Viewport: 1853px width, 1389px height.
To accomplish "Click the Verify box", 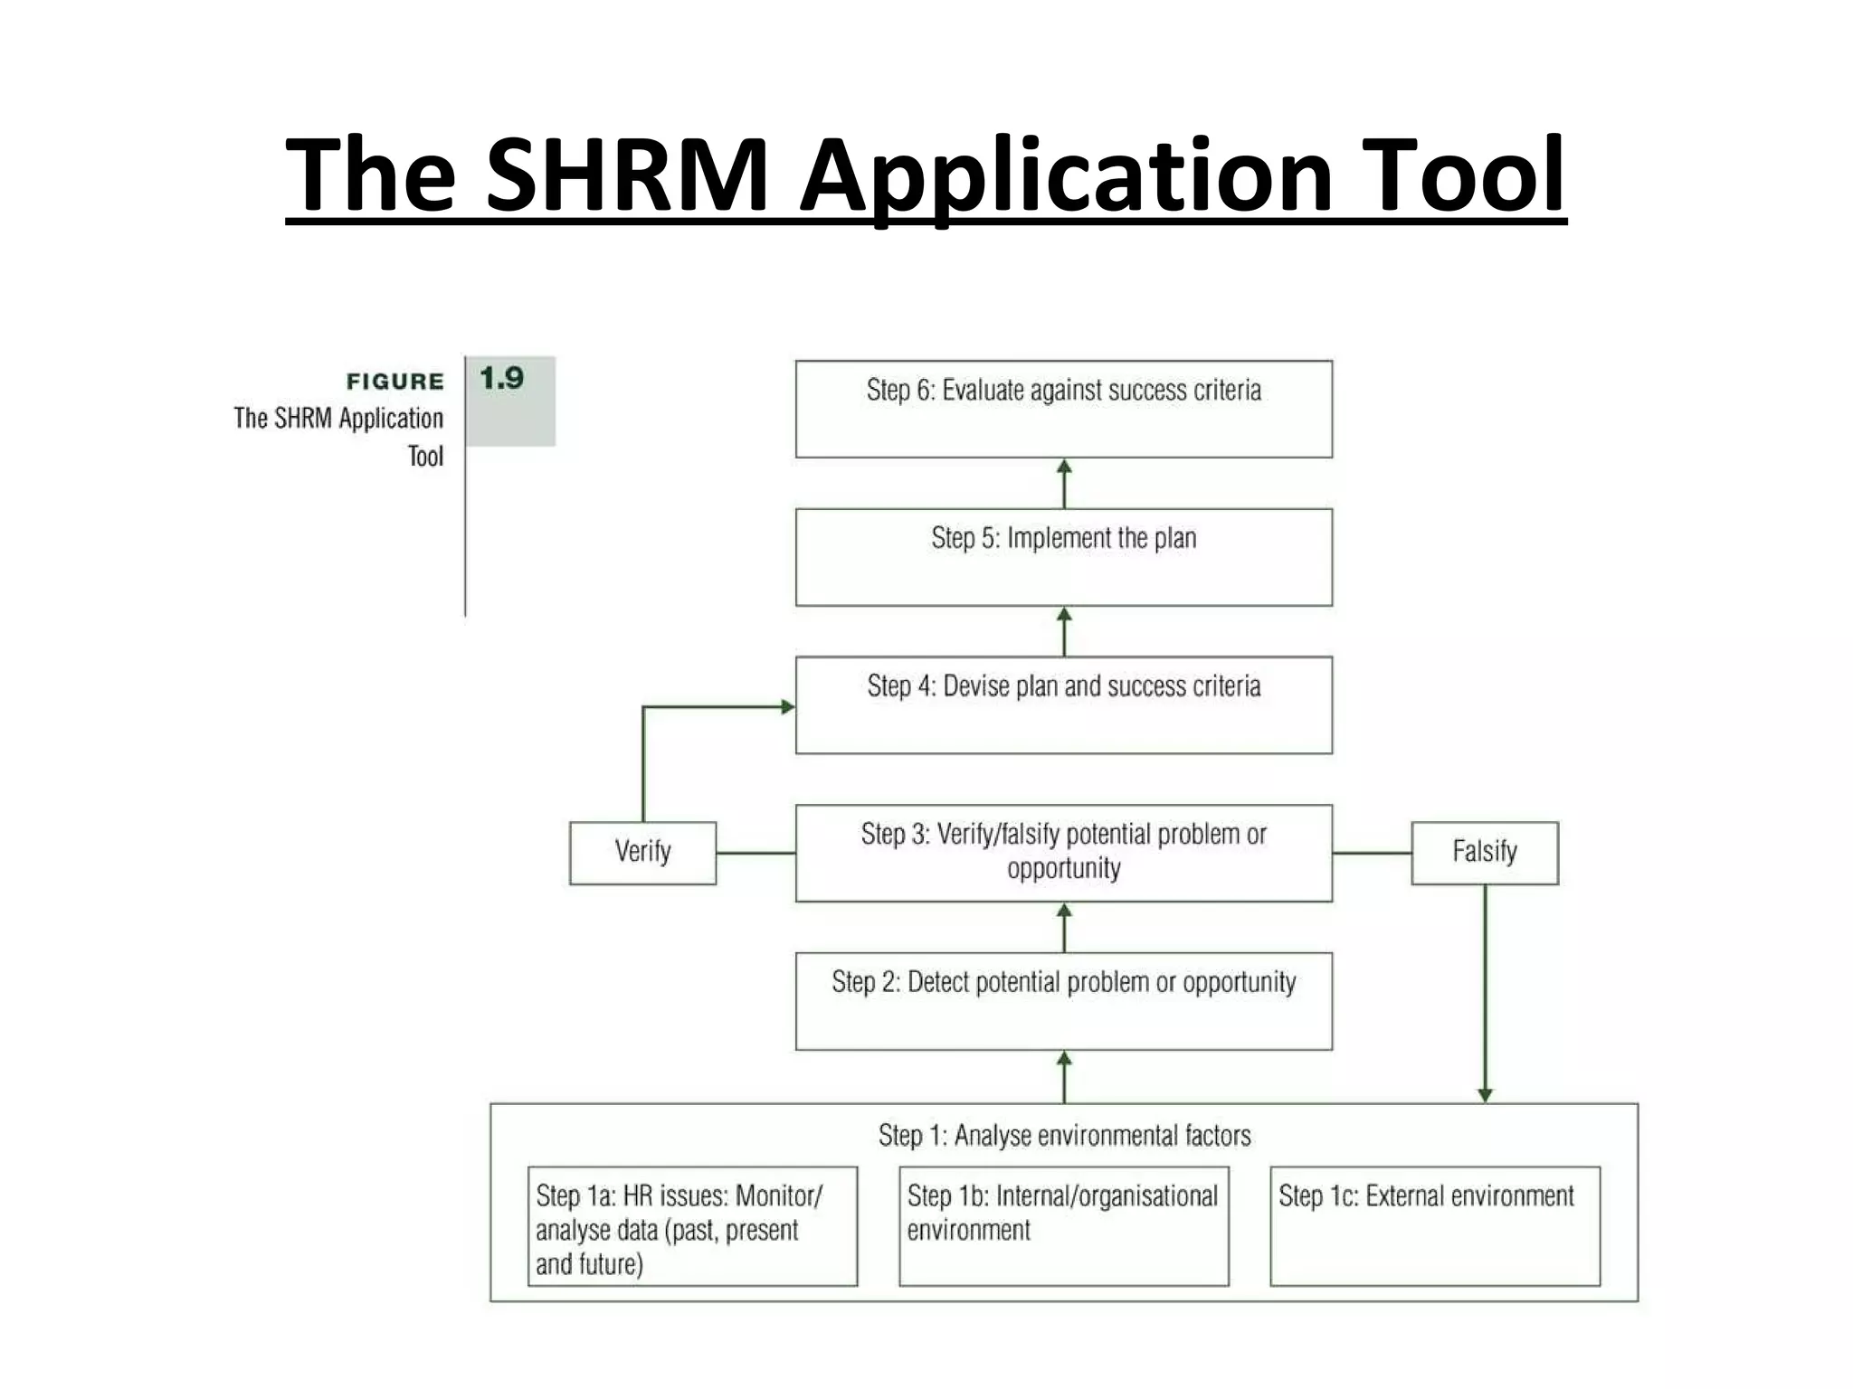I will (x=642, y=852).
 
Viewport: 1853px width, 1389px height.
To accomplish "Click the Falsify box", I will (x=1484, y=852).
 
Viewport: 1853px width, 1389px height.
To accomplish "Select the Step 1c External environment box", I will (x=1434, y=1225).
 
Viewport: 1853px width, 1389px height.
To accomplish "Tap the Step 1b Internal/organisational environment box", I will (x=1063, y=1225).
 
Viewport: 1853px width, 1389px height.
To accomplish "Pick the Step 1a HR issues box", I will (x=692, y=1225).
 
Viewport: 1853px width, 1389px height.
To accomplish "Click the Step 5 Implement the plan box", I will (x=1063, y=556).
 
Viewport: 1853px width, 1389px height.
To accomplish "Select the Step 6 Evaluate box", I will (x=1063, y=409).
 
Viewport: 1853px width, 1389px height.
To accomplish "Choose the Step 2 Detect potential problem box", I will (x=1063, y=1000).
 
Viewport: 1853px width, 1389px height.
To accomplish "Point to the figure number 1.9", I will (x=502, y=378).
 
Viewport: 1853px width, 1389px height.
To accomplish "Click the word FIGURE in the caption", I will (x=395, y=382).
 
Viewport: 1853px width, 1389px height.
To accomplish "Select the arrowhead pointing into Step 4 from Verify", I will (x=787, y=707).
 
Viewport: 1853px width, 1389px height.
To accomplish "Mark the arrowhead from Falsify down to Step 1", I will (x=1485, y=1094).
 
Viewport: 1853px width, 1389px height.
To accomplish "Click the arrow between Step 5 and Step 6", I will (x=1064, y=483).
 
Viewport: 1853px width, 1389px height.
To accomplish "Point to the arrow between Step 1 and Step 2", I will (x=1064, y=1076).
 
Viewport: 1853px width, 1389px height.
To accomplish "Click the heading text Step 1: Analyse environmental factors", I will (x=1064, y=1135).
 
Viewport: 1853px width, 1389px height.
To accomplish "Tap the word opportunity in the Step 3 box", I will (x=1064, y=869).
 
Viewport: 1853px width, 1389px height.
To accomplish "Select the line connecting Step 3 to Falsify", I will (x=1372, y=853).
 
